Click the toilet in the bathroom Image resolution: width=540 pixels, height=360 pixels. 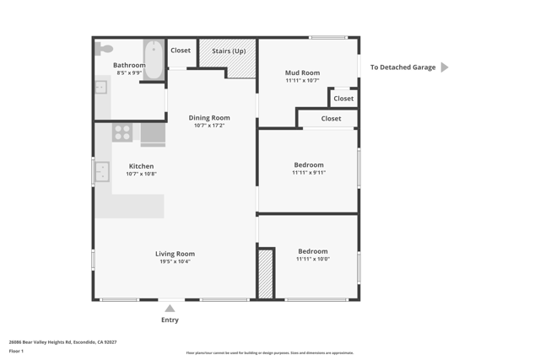point(104,49)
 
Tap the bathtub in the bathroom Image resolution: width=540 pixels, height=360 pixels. point(154,59)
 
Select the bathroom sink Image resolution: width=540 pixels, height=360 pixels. point(100,87)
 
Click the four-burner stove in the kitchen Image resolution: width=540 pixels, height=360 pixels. point(122,132)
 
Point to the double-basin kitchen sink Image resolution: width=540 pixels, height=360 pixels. point(101,172)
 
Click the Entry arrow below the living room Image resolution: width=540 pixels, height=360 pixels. point(170,309)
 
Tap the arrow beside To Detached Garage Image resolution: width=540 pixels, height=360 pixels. point(445,67)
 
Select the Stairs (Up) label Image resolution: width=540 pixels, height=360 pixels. point(229,51)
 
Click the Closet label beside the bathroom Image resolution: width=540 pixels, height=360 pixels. point(181,51)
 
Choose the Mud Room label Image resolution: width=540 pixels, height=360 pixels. point(302,73)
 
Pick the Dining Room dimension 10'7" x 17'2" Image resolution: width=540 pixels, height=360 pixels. point(209,126)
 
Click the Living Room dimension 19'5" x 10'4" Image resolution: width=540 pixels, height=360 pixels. point(175,261)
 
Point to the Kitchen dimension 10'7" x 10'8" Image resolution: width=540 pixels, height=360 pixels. point(141,174)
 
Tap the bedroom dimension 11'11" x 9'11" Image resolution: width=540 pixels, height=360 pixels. point(309,173)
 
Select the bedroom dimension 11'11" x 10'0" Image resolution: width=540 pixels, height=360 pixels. point(312,259)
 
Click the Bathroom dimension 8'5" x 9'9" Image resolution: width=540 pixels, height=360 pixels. point(129,73)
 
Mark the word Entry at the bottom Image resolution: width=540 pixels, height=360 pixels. point(170,320)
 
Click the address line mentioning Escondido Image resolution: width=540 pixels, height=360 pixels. point(62,342)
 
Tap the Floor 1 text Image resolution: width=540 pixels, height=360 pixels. point(16,351)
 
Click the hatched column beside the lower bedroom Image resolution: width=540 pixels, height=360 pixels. point(266,273)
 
